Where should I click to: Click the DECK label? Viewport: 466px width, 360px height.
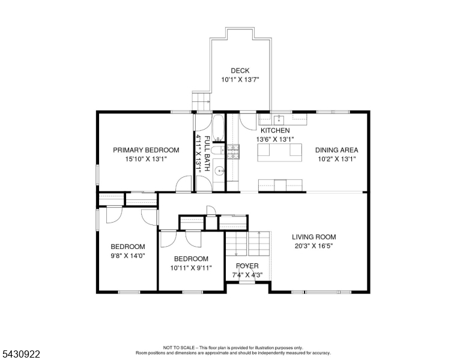tap(240, 71)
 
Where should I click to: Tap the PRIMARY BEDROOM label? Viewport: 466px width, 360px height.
tap(146, 150)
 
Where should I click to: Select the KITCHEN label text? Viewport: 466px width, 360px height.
tap(275, 130)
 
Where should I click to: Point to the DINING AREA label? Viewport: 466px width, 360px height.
tap(337, 150)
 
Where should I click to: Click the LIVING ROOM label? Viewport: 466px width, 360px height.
tap(314, 237)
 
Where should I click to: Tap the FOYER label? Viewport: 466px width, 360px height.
tap(247, 266)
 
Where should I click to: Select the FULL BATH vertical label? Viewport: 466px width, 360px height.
tap(207, 154)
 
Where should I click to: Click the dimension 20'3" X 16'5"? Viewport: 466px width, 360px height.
tap(314, 246)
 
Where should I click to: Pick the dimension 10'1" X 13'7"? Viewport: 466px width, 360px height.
tap(240, 80)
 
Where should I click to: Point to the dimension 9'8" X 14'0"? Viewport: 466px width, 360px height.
tap(128, 256)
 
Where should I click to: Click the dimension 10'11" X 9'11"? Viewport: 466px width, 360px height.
tap(191, 268)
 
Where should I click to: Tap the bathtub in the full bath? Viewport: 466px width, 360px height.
tap(218, 128)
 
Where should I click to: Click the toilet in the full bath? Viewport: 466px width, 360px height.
tap(219, 150)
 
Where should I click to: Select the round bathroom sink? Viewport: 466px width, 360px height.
tap(220, 171)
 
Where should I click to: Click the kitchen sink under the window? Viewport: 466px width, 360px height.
tap(279, 119)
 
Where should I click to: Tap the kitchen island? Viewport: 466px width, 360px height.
tap(280, 152)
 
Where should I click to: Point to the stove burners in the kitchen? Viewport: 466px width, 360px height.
tap(233, 151)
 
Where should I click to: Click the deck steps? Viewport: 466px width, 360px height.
tap(201, 101)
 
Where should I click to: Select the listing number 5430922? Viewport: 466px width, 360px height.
tap(21, 354)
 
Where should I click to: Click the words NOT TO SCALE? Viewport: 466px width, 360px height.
tap(179, 347)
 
